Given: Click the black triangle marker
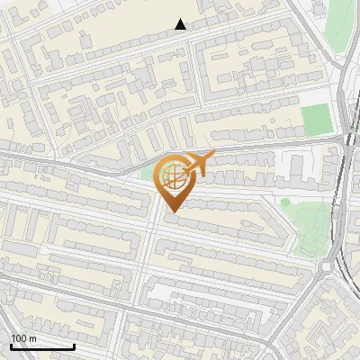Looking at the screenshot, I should (x=181, y=24).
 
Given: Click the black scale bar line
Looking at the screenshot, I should (x=42, y=346).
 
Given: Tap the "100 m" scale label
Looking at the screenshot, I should (x=24, y=338).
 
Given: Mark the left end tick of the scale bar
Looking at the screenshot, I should (x=11, y=345).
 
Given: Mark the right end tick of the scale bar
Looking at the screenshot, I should (x=74, y=345).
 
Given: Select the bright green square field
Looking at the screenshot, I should (x=316, y=120).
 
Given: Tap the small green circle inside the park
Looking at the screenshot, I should (x=285, y=202).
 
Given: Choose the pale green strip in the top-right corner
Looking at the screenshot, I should (x=339, y=22).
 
